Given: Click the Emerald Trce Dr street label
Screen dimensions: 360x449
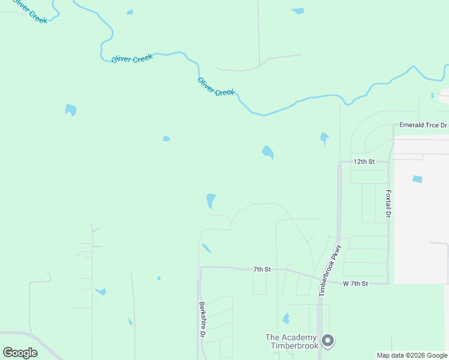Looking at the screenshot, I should [424, 125].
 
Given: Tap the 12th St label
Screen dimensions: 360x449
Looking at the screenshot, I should [364, 162].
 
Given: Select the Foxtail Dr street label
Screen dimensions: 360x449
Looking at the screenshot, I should [388, 205].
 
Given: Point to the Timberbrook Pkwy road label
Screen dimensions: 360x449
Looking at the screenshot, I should [330, 269].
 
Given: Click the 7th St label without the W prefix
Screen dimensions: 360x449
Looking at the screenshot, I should [262, 269].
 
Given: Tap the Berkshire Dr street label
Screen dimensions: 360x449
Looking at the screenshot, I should [203, 319].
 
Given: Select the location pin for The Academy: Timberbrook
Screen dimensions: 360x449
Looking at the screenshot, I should [328, 341].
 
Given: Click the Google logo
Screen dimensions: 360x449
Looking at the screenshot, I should [20, 353].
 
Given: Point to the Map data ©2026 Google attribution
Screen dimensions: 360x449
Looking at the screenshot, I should [412, 355].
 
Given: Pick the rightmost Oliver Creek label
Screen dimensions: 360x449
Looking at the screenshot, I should [216, 87].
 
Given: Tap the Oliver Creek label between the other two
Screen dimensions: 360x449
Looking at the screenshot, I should [132, 58].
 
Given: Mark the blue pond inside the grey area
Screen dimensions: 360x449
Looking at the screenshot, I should [417, 179].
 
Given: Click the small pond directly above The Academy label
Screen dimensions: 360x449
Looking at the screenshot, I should [286, 318].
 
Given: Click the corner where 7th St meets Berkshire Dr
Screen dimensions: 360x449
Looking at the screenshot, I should [200, 268].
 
